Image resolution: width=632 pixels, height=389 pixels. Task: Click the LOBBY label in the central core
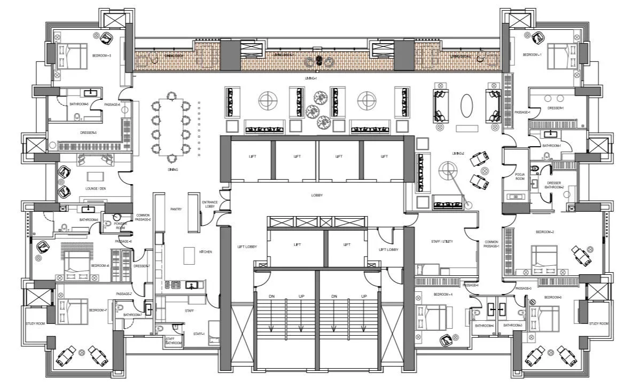click(x=317, y=195)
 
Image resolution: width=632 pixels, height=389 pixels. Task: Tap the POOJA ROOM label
click(x=520, y=176)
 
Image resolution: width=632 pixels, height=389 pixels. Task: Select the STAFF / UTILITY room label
click(x=442, y=242)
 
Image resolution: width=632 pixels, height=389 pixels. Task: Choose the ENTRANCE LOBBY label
click(x=209, y=204)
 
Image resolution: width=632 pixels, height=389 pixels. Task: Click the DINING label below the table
click(x=172, y=170)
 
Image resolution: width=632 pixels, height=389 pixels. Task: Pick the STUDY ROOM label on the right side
click(x=599, y=324)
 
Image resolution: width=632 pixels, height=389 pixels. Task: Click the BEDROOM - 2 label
click(x=544, y=232)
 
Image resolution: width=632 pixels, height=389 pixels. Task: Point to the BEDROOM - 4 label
click(x=443, y=295)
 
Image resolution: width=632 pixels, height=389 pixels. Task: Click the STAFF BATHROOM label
click(x=173, y=341)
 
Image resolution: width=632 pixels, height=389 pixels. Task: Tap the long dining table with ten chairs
click(x=171, y=126)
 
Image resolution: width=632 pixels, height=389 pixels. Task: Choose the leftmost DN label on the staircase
click(x=271, y=296)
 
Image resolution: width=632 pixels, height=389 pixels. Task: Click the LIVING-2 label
click(x=458, y=153)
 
